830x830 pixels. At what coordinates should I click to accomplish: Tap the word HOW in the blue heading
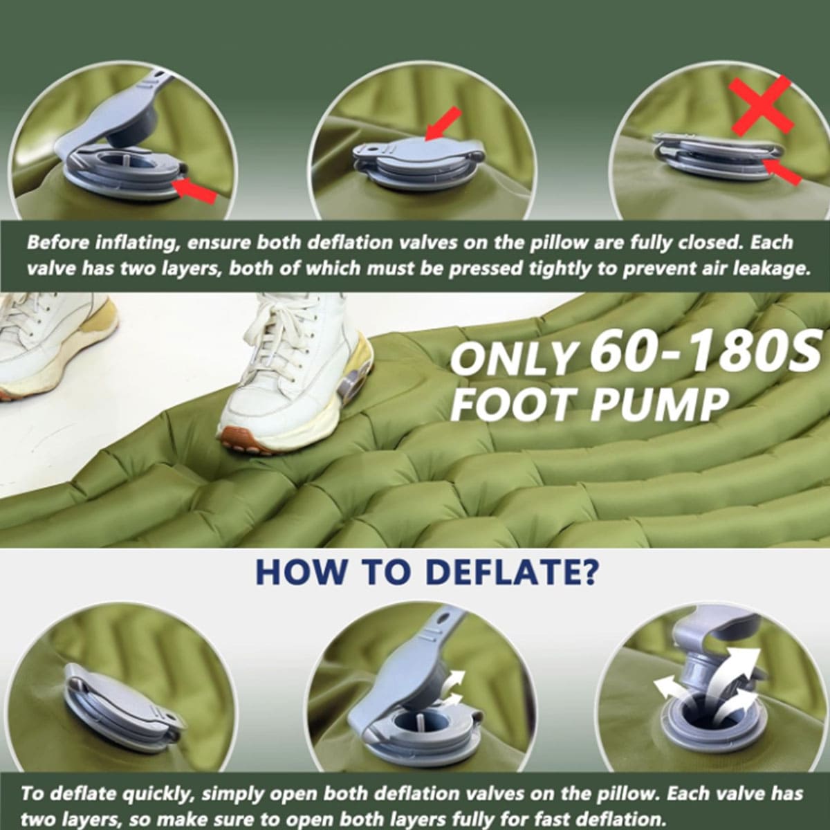pos(301,571)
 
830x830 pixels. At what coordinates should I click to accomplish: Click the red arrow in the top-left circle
pos(194,191)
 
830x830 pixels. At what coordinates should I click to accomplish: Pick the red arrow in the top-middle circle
pos(443,124)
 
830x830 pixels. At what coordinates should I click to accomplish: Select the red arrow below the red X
pos(782,172)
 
